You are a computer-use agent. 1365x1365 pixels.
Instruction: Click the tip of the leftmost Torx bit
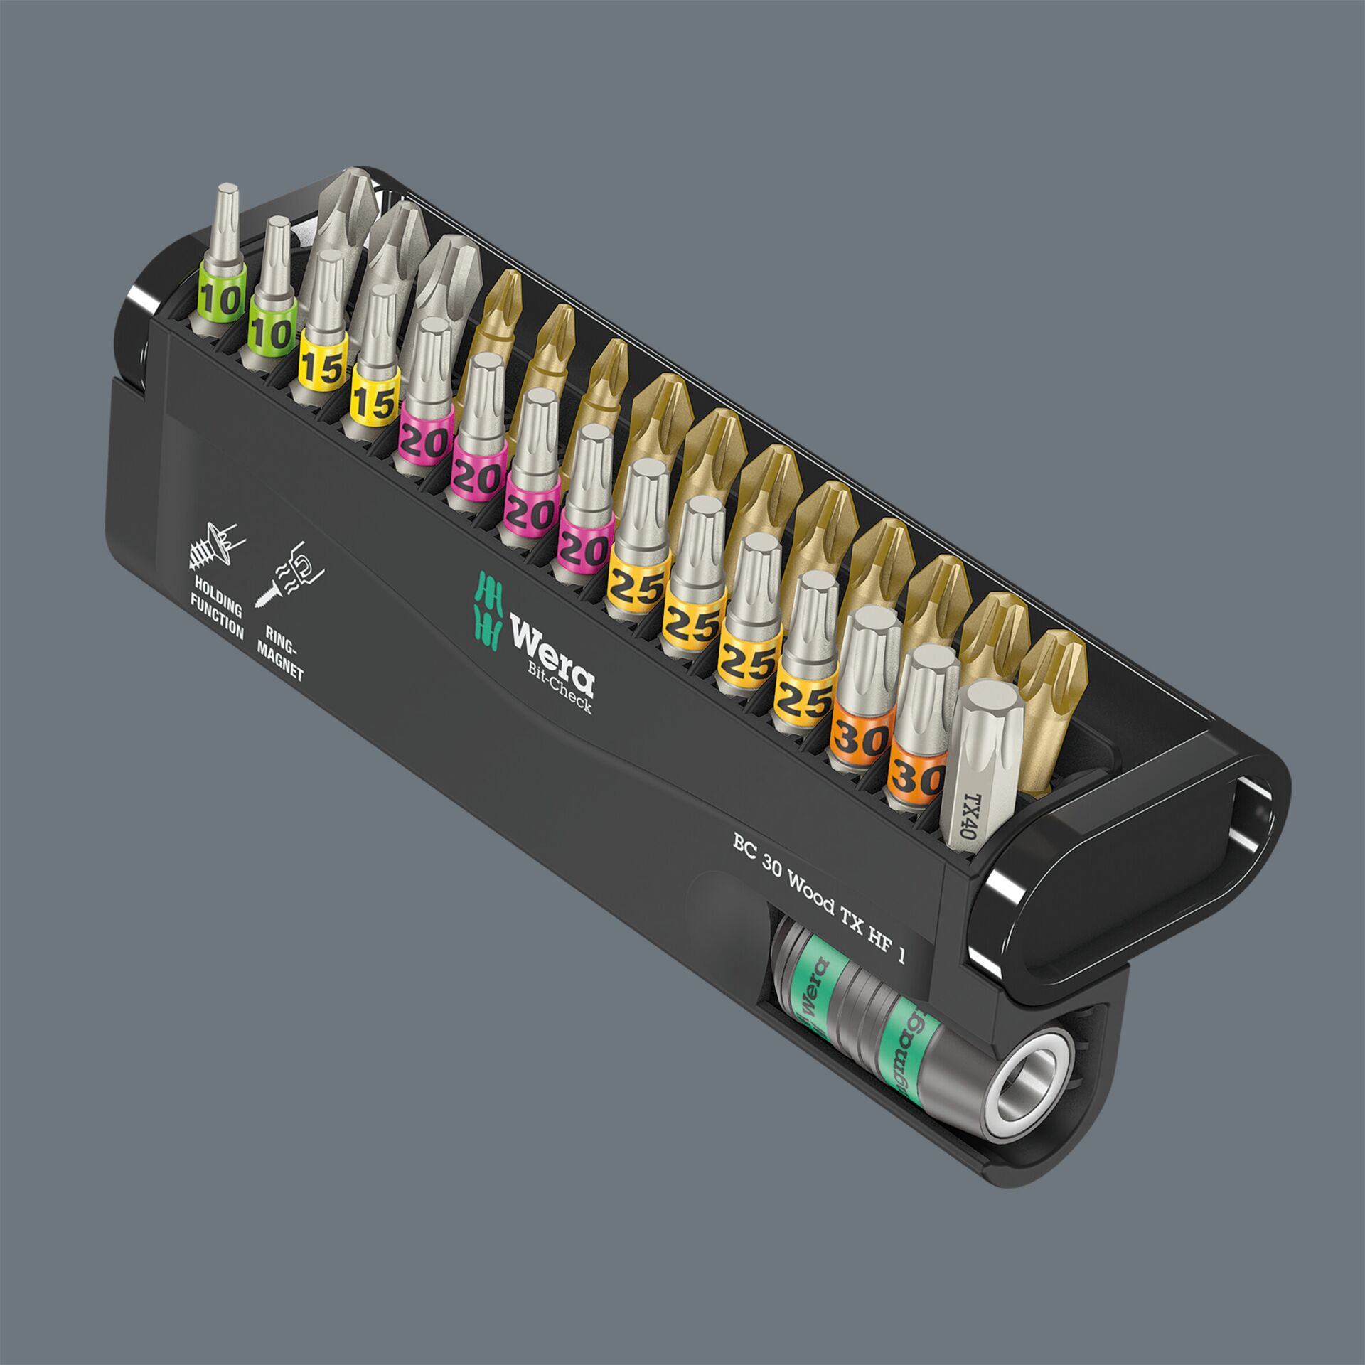tap(227, 193)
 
